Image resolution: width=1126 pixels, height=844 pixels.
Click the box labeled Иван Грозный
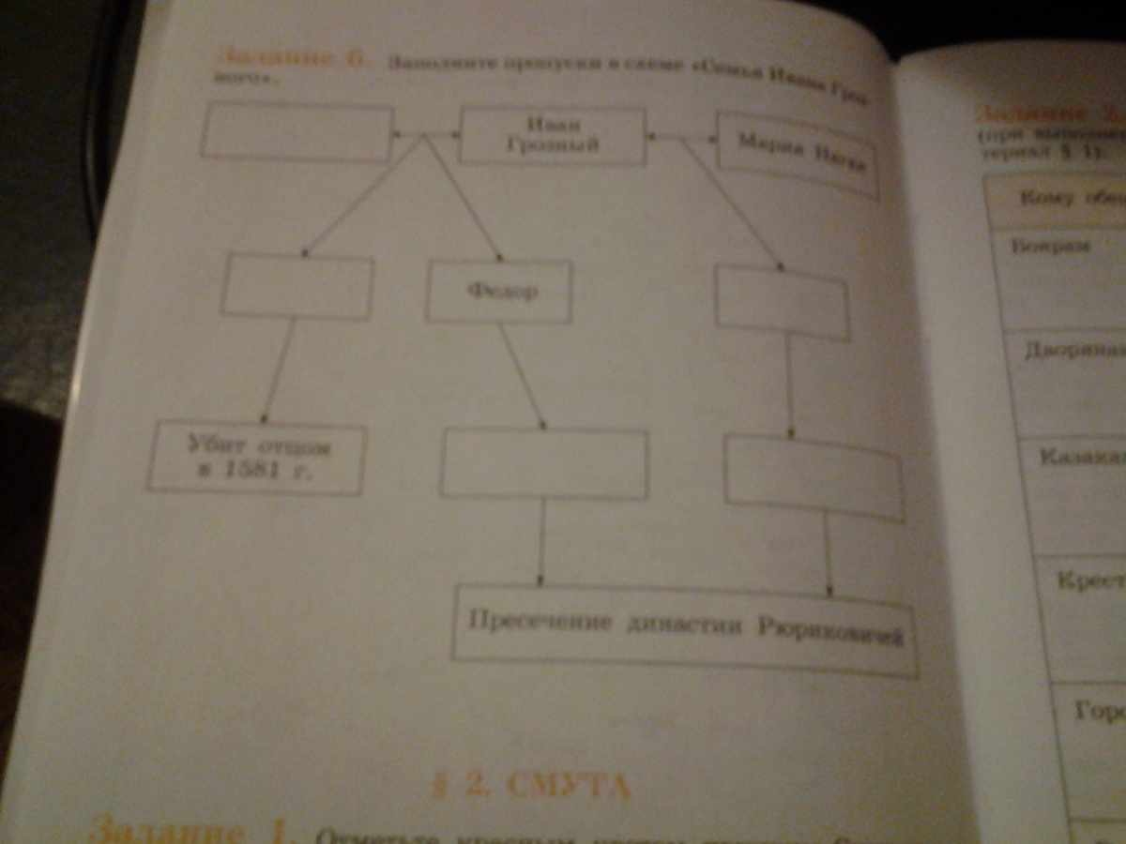(x=552, y=136)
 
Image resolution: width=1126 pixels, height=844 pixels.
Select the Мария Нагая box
(x=798, y=155)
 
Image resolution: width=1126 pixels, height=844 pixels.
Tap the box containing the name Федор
(x=499, y=292)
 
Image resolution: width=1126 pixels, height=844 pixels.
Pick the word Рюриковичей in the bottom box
(x=829, y=632)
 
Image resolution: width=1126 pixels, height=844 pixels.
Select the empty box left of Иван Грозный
(x=297, y=131)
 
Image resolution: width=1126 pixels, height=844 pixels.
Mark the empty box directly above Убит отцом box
(x=297, y=286)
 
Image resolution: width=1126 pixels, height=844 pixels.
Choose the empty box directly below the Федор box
(x=544, y=463)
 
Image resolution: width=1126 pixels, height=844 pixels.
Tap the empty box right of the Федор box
(x=782, y=302)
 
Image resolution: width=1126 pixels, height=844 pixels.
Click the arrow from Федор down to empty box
(x=522, y=375)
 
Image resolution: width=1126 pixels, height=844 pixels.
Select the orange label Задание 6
(x=291, y=62)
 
